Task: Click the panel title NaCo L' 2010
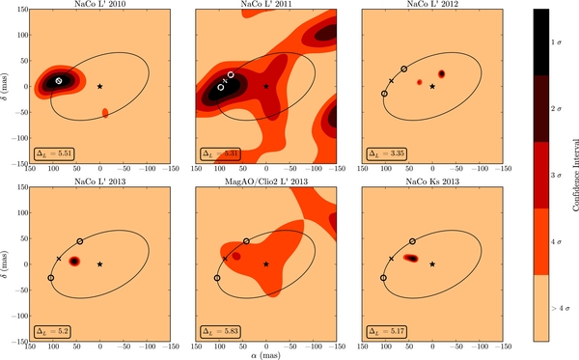pos(99,5)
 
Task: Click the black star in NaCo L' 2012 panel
pos(432,86)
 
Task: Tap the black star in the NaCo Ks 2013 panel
pos(432,263)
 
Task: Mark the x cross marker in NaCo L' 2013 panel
pos(59,259)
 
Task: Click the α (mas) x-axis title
pos(265,354)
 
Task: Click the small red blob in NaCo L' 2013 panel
pos(74,261)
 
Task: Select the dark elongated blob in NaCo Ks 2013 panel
pos(410,259)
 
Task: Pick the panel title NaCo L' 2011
pos(265,5)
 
